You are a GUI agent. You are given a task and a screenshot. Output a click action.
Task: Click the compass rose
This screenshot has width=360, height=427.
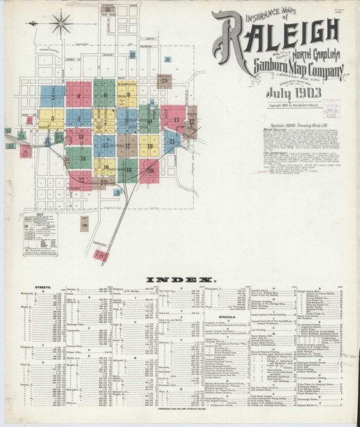[61, 22]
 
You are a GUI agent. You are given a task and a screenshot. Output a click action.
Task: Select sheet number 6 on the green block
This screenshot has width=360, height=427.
[105, 94]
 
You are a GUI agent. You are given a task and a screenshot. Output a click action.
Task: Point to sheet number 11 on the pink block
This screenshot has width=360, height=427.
[176, 120]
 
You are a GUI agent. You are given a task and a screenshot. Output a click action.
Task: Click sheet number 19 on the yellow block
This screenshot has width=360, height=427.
[150, 146]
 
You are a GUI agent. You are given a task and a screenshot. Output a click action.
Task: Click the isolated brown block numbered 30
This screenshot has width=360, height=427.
[84, 226]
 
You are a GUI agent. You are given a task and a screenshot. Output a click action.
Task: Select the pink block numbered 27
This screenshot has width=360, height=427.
[103, 254]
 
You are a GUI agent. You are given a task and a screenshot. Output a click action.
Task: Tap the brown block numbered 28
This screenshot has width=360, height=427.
[107, 9]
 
